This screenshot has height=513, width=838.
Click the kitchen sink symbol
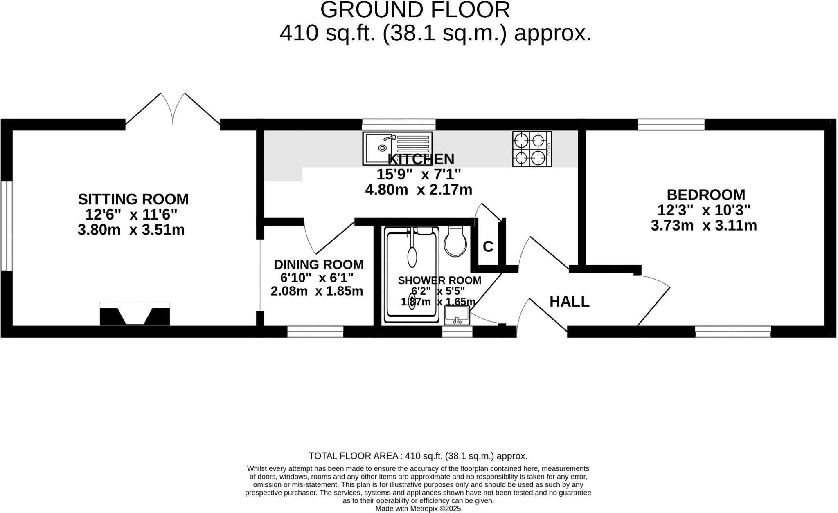coord(397,148)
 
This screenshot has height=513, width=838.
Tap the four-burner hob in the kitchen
coord(532,149)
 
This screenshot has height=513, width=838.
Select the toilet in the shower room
coord(455,242)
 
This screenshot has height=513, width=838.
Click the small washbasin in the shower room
coord(457,315)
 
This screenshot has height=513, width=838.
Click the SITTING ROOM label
coord(133,199)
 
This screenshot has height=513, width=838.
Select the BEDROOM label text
coord(705,195)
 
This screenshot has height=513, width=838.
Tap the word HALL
coord(569,302)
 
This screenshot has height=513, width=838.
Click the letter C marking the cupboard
coord(488,247)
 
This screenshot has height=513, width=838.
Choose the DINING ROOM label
coord(318,265)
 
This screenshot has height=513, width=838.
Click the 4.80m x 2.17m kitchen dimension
coord(418,190)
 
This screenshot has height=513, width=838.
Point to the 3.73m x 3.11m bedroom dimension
coord(703,226)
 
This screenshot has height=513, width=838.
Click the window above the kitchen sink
coord(399,124)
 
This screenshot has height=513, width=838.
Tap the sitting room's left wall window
coord(7,226)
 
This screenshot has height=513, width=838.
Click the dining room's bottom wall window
coord(315,332)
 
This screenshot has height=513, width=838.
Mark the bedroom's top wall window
coord(671,124)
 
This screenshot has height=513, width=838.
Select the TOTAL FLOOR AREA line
coord(418,456)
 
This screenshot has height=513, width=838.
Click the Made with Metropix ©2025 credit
coord(418,509)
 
